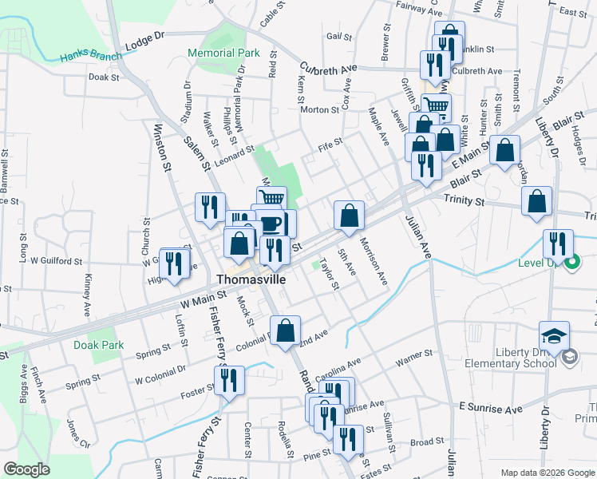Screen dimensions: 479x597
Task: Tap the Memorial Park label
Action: click(224, 53)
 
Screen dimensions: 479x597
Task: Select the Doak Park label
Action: click(99, 345)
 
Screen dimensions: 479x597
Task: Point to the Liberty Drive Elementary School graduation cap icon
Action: click(554, 337)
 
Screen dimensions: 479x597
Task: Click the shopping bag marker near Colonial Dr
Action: click(286, 330)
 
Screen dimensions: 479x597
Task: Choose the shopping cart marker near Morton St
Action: click(436, 107)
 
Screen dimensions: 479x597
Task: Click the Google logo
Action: click(27, 469)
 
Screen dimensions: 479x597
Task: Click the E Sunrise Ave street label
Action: click(490, 409)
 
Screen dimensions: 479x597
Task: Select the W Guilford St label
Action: click(57, 261)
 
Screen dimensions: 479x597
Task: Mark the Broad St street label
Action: click(427, 441)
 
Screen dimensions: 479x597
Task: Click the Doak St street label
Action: click(104, 77)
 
